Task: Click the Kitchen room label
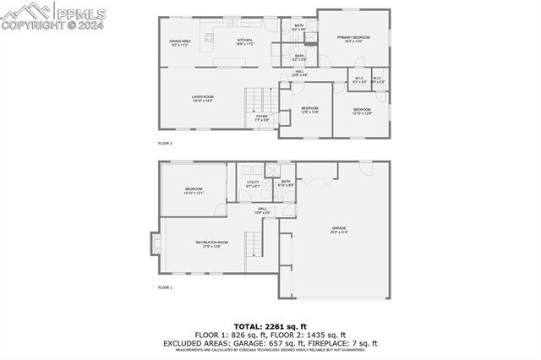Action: tap(244, 41)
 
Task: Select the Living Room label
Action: tap(202, 99)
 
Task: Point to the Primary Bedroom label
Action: tap(354, 39)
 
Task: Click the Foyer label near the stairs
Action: tap(262, 118)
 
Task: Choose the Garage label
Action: tap(339, 230)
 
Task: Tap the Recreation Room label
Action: tap(212, 244)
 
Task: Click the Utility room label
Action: tap(253, 184)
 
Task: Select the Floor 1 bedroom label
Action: tap(194, 191)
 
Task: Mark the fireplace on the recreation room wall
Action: tap(155, 243)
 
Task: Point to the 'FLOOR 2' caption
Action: tap(165, 144)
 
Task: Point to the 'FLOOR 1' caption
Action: tap(165, 288)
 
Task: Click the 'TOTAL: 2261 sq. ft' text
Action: tap(270, 325)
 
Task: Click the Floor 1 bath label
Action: tap(285, 183)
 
